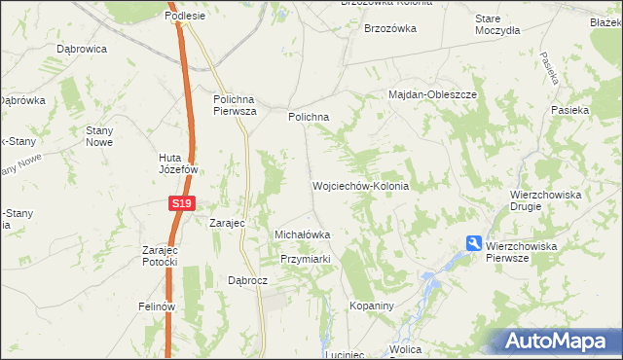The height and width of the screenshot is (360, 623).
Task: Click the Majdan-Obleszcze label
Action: tap(432, 94)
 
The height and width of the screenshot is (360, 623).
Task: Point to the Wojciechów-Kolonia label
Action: tap(359, 185)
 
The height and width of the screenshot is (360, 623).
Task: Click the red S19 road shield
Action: tap(181, 203)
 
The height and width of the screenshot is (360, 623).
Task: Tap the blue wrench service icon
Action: tap(474, 243)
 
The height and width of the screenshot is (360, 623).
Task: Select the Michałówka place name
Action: tap(303, 234)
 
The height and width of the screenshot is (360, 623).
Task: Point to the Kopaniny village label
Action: tap(370, 306)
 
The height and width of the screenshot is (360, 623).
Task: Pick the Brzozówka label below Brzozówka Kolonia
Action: tap(390, 28)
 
